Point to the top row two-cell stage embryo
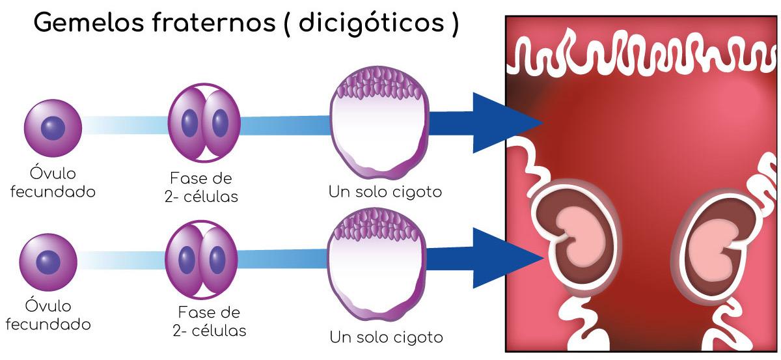204,122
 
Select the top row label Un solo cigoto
385,193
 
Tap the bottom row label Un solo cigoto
386,337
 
